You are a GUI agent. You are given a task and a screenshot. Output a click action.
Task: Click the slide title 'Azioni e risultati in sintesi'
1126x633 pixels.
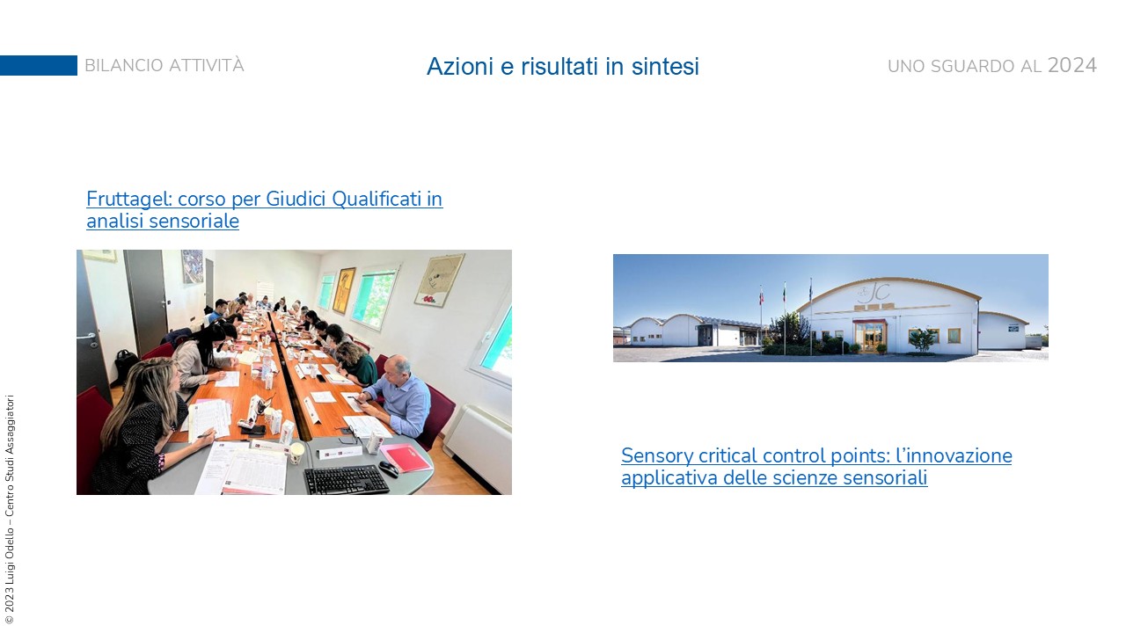click(x=562, y=66)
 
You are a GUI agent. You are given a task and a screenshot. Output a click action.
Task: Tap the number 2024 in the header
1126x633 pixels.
click(x=1072, y=65)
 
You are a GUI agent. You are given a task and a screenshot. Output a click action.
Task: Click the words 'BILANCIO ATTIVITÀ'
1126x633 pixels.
click(x=165, y=65)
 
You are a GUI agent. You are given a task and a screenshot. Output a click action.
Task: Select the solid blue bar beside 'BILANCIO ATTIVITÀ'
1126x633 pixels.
click(x=39, y=65)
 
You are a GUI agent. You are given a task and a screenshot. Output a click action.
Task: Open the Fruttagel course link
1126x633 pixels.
click(x=265, y=209)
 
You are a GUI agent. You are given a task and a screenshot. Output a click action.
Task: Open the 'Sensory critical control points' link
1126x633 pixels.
click(x=816, y=467)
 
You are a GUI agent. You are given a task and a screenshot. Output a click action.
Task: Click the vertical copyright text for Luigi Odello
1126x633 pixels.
click(x=9, y=509)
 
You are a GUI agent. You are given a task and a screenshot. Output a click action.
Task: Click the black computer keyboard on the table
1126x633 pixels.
click(x=347, y=480)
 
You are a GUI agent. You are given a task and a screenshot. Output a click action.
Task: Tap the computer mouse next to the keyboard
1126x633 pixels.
click(x=389, y=469)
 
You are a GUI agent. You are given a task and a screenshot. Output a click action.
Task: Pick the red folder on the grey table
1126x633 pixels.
click(x=406, y=458)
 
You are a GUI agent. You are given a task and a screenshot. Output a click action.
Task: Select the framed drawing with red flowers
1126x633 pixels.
click(x=439, y=280)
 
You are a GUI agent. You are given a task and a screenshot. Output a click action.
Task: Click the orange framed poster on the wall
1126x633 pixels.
click(x=344, y=290)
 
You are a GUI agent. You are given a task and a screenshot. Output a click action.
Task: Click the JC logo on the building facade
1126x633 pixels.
click(x=874, y=292)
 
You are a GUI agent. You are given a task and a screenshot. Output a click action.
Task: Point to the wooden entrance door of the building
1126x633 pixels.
click(x=870, y=338)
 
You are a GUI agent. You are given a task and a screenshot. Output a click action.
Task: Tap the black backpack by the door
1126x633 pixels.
click(x=125, y=366)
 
